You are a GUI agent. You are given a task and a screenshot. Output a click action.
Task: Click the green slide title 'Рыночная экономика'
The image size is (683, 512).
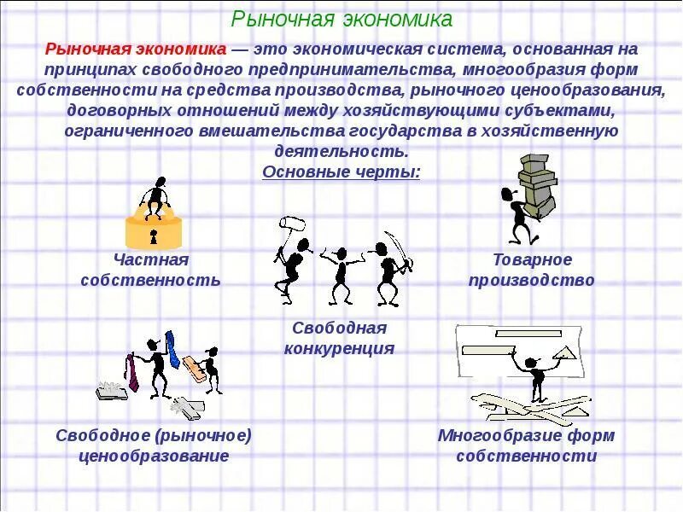[342, 18]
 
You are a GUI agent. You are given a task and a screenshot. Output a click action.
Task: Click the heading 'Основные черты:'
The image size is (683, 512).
[341, 172]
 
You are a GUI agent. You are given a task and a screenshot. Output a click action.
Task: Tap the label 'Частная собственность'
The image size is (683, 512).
[150, 269]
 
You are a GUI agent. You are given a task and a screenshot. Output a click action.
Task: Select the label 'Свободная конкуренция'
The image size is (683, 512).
[339, 338]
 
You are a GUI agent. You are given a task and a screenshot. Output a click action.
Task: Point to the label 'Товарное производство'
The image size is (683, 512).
[531, 269]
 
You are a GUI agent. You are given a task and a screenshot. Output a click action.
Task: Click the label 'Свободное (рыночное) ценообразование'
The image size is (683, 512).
[154, 445]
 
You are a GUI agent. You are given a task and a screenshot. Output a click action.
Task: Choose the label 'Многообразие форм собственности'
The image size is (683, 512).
[526, 445]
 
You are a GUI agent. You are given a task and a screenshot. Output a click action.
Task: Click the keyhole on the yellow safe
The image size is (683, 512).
[155, 233]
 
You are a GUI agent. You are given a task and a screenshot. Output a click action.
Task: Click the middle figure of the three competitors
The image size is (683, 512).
[341, 273]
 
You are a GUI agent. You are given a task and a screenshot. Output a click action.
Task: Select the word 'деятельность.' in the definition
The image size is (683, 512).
[341, 151]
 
